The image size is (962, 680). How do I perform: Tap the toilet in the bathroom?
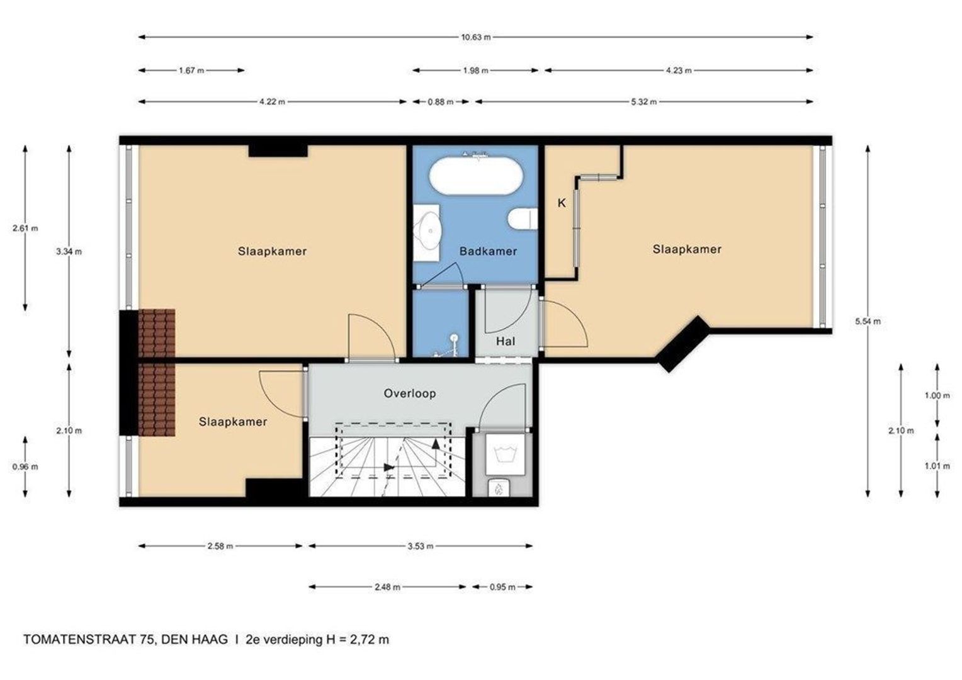point(523,218)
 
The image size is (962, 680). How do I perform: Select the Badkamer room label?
point(489,251)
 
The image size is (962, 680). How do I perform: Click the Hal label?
point(506,341)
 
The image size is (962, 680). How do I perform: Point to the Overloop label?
point(410,394)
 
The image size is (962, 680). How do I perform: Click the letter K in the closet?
point(562,203)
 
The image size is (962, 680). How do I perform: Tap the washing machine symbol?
point(505,454)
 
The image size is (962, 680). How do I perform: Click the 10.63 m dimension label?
point(476,37)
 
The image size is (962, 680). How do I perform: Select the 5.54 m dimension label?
point(868,321)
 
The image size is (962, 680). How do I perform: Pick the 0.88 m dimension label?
point(441,102)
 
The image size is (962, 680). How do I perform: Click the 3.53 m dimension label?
point(421,546)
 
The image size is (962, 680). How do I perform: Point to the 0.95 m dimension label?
point(502,587)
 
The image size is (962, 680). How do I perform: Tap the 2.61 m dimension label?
point(25,229)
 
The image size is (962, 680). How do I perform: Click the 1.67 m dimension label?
point(191,71)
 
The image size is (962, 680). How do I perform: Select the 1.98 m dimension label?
point(476,71)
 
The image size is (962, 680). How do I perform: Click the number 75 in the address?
point(146,639)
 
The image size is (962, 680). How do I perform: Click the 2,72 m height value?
point(370,640)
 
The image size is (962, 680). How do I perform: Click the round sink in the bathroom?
point(427,230)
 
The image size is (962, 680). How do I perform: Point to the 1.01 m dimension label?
point(937,466)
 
